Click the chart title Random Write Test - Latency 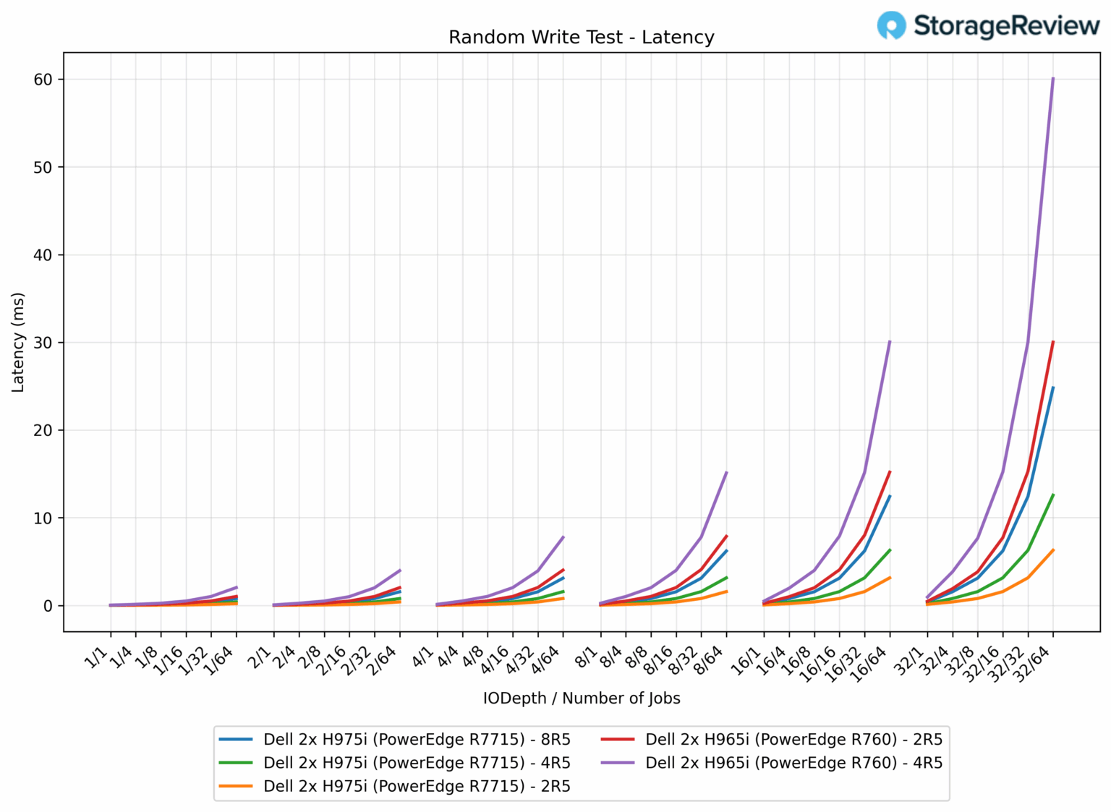tap(581, 38)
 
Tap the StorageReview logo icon tap(891, 25)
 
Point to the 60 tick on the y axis tap(43, 80)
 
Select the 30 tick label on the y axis tap(43, 343)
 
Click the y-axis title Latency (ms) tap(18, 343)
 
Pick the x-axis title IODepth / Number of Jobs tap(582, 698)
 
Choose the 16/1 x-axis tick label tap(748, 661)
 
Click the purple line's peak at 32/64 tap(1052, 78)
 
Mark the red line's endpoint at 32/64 tap(1052, 342)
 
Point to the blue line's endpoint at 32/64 tap(1052, 388)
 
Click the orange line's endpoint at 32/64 tap(1052, 550)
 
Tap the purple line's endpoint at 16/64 tap(889, 341)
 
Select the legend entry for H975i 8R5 tap(417, 740)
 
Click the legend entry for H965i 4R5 tap(793, 763)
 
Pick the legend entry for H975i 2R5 tap(417, 787)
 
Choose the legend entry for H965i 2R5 tap(793, 740)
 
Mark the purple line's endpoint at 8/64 tap(726, 473)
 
